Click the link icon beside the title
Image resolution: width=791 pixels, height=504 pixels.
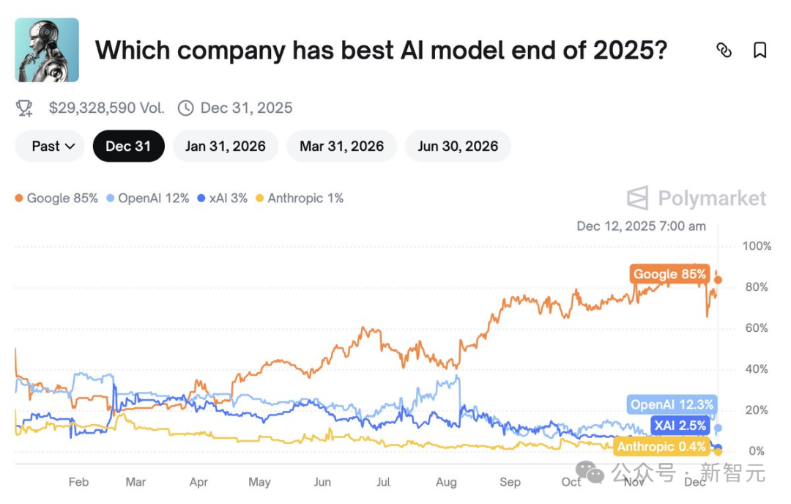click(x=724, y=50)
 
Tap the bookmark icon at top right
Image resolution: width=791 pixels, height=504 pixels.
click(x=760, y=50)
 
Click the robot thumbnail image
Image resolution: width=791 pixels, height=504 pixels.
click(x=47, y=50)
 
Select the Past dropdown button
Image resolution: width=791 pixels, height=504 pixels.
click(x=50, y=147)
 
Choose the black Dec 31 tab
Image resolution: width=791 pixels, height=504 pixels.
click(x=129, y=147)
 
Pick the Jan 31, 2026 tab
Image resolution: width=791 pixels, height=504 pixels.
click(x=226, y=147)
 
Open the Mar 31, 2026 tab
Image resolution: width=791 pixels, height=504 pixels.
click(x=341, y=147)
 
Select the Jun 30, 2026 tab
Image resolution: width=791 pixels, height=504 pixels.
click(x=458, y=147)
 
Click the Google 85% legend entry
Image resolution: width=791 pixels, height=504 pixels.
click(x=56, y=199)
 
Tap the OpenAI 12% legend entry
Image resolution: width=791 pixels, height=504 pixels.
click(x=148, y=199)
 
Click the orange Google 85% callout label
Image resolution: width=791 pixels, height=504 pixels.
click(x=670, y=274)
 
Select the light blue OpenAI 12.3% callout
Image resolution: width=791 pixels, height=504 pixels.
click(x=672, y=404)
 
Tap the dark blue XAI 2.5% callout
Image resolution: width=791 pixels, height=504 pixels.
click(x=680, y=426)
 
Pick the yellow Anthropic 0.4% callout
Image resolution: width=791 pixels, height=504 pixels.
click(x=661, y=446)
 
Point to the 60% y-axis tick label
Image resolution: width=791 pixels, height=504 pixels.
click(x=757, y=328)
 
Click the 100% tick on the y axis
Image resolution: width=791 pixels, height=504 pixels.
click(x=757, y=246)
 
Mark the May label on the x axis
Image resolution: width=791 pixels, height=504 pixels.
click(x=259, y=482)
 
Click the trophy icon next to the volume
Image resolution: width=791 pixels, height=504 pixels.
click(x=24, y=108)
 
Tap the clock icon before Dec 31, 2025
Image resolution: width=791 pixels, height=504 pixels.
click(x=185, y=108)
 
